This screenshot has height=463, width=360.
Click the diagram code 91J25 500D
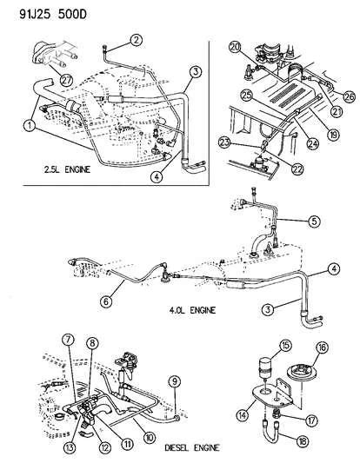(x=53, y=14)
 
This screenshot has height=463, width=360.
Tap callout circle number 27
(x=66, y=79)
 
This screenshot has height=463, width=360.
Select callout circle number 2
(x=136, y=41)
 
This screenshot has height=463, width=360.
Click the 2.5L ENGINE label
(x=67, y=169)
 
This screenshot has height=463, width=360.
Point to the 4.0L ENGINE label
(x=193, y=310)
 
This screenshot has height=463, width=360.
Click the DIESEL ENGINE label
(x=192, y=448)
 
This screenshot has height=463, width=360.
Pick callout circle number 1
(x=30, y=125)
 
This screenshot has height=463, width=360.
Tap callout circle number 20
(x=235, y=48)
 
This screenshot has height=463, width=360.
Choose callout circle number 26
(x=349, y=96)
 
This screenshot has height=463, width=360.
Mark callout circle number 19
(x=334, y=135)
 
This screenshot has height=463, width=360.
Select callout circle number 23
(x=224, y=143)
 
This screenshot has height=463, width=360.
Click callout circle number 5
(x=314, y=221)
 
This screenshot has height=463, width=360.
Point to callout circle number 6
(x=107, y=301)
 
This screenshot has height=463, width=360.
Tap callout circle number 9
(x=175, y=382)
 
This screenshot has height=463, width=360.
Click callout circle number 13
(x=70, y=447)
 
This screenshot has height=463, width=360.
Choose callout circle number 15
(x=285, y=346)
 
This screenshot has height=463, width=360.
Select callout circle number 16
(x=322, y=347)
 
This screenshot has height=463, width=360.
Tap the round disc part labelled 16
(x=302, y=373)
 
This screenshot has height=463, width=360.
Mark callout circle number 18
(x=302, y=442)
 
